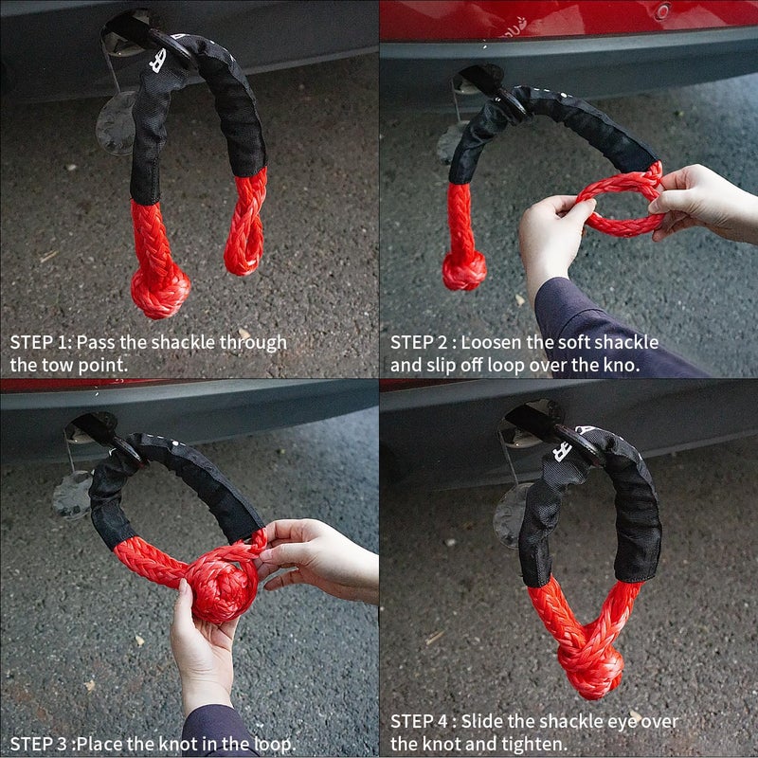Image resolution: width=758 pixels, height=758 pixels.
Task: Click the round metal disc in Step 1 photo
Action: (x=117, y=124)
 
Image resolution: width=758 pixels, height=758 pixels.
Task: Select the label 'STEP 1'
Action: (x=40, y=342)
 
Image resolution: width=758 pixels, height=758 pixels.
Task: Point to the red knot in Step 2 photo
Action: (x=464, y=271)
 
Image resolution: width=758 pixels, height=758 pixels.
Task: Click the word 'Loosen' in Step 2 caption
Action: (x=493, y=342)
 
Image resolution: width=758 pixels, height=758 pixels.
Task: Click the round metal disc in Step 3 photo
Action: (x=73, y=495)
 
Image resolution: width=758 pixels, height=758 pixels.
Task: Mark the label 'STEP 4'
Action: (x=420, y=722)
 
